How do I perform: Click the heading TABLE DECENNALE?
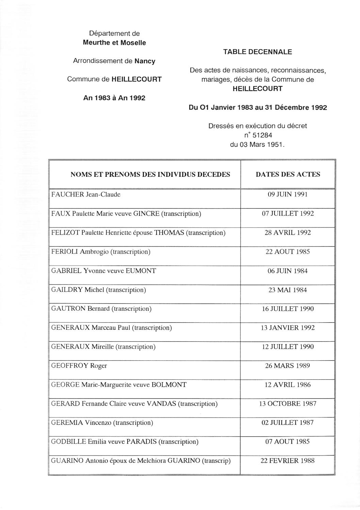point(258,52)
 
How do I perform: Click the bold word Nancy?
point(145,61)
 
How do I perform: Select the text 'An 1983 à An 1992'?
point(114,98)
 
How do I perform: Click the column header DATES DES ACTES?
point(288,174)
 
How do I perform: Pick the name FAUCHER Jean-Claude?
point(86,194)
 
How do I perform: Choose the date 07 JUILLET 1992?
point(288,214)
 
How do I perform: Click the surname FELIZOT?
point(65,233)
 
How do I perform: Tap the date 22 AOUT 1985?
point(288,252)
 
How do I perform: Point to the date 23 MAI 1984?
point(288,290)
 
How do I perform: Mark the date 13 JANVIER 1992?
point(288,328)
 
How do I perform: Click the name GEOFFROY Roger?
point(79,366)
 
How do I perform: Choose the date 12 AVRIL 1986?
point(288,385)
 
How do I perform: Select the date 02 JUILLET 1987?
point(288,423)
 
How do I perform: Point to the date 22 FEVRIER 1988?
point(288,461)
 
